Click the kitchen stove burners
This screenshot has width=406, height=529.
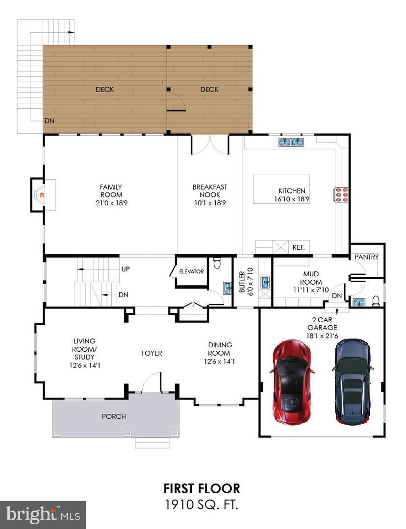[x=341, y=194]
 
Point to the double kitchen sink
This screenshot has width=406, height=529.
[x=291, y=142]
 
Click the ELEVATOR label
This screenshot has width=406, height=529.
[x=191, y=271]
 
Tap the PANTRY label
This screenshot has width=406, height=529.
[x=367, y=257]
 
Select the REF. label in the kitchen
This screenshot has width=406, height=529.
[x=299, y=247]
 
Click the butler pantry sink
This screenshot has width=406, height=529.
[x=265, y=282]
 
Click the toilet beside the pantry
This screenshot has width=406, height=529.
[x=376, y=301]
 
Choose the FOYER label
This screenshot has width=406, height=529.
[x=152, y=353]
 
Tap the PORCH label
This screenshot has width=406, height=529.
[x=114, y=416]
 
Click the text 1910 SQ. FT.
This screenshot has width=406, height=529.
[x=202, y=505]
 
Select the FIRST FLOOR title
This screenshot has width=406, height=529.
[x=202, y=488]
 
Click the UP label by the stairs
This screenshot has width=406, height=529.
[x=126, y=269]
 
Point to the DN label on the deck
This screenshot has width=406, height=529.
[x=49, y=120]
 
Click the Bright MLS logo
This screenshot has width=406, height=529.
[x=43, y=514]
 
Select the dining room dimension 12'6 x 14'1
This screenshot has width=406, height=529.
[x=220, y=361]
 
